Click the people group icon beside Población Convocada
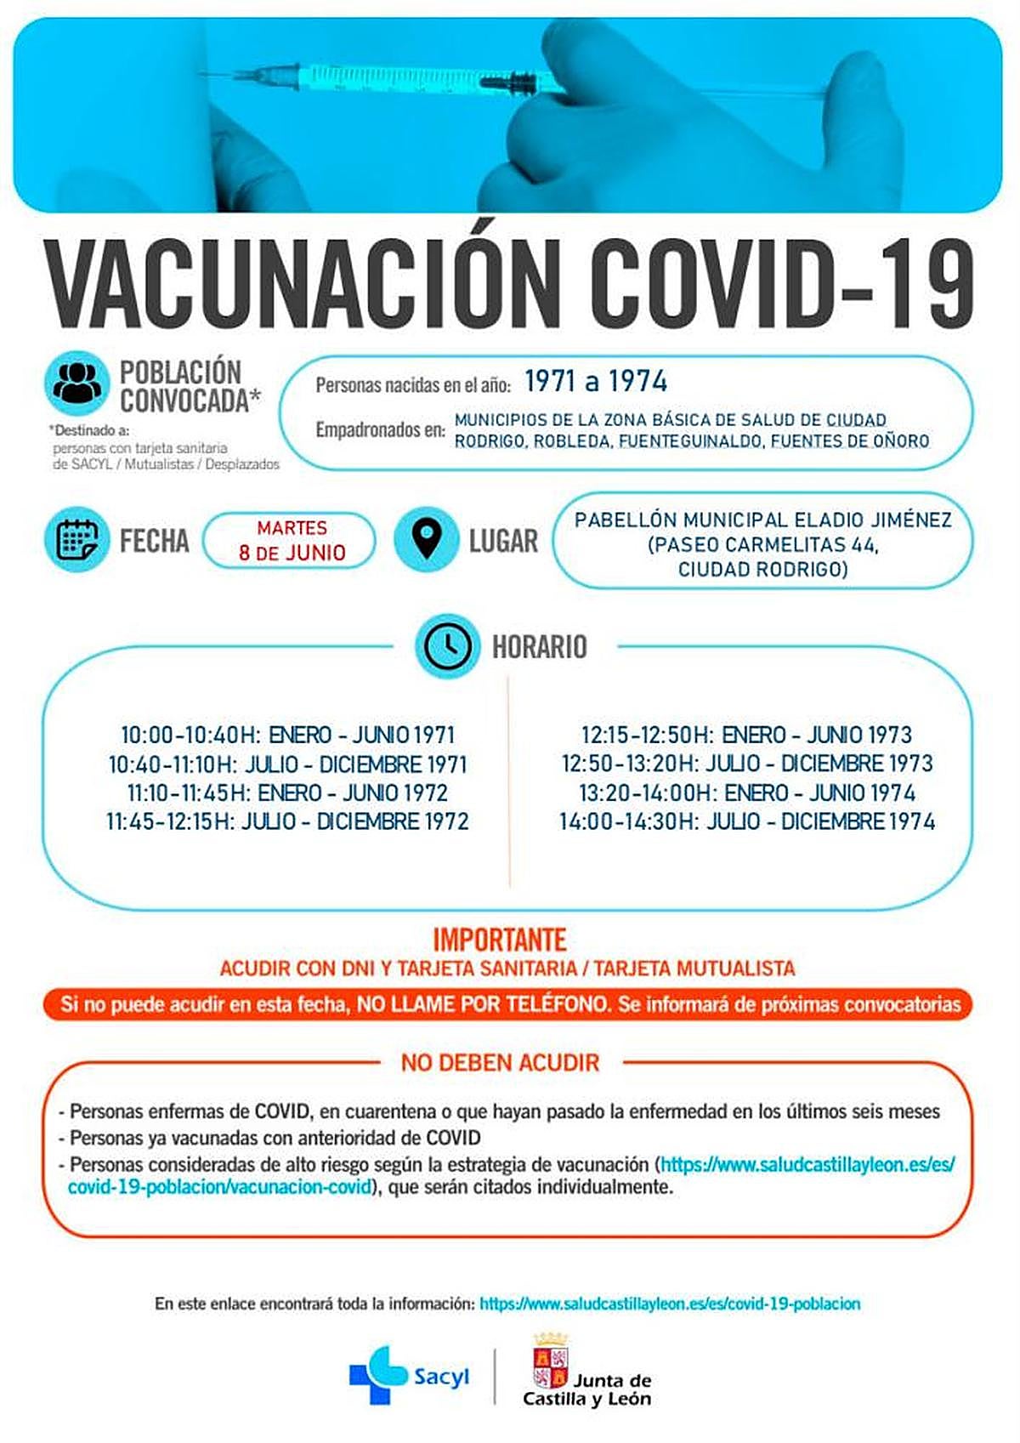[77, 384]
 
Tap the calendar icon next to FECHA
[77, 540]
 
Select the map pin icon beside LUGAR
[427, 540]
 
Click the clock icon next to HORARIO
[448, 645]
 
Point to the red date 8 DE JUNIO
[292, 553]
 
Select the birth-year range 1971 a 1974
[595, 382]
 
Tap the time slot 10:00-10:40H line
[287, 735]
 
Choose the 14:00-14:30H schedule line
[746, 821]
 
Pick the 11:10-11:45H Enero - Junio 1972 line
[287, 793]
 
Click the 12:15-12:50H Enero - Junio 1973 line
[746, 735]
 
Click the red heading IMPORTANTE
[500, 940]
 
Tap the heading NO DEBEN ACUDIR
[500, 1062]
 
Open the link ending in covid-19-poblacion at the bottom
[670, 1304]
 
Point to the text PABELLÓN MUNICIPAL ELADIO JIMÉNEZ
[762, 520]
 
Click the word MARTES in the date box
[292, 528]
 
